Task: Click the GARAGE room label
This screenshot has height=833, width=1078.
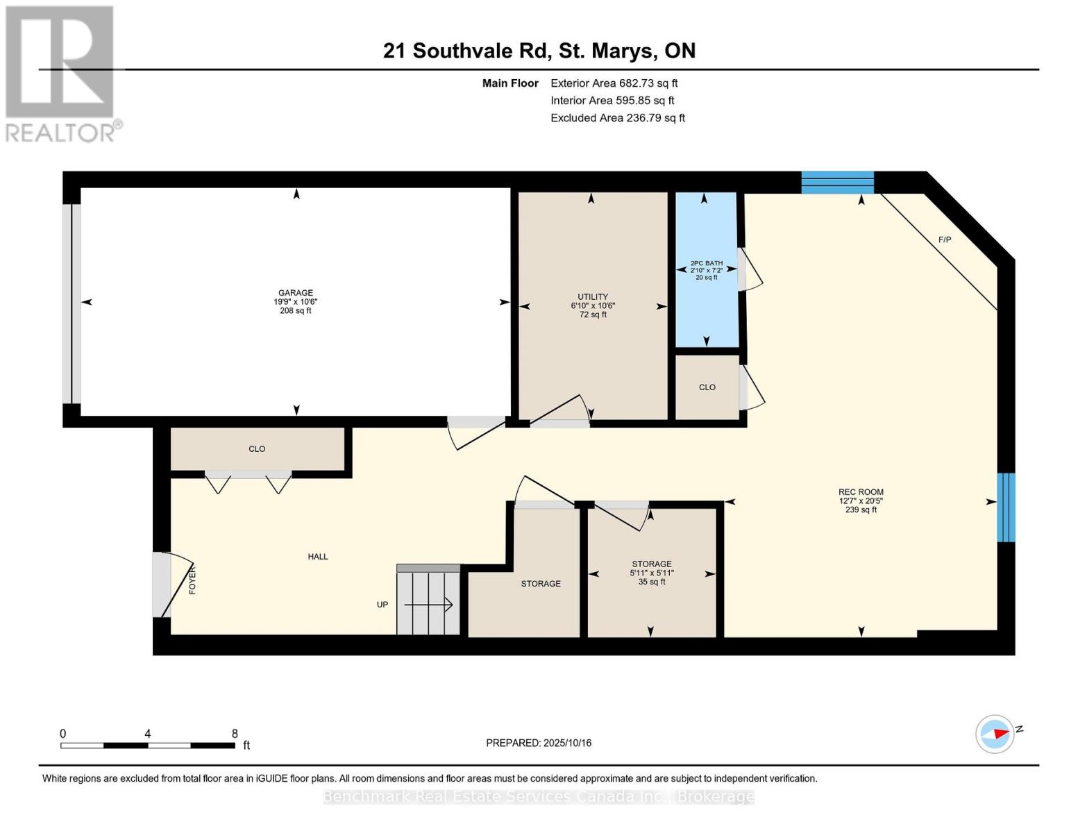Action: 296,293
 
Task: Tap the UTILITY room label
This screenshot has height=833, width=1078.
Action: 592,297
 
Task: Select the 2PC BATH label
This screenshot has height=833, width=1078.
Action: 706,264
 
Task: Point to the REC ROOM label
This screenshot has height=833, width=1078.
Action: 861,492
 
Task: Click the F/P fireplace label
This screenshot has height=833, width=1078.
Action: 944,240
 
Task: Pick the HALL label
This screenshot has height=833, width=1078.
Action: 318,557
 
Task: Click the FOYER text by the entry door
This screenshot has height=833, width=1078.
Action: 193,580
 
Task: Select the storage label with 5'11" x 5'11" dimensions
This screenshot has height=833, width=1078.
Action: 651,564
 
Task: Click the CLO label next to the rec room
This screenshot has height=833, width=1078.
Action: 707,387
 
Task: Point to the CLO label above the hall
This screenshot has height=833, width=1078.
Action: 257,449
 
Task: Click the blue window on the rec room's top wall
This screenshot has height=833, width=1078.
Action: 837,182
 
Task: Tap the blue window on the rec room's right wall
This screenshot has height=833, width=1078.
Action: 1006,507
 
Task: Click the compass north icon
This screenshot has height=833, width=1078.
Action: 995,734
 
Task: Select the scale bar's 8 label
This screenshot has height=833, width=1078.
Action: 235,734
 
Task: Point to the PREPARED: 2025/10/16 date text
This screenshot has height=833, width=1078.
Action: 539,743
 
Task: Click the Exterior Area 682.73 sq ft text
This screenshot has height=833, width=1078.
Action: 614,83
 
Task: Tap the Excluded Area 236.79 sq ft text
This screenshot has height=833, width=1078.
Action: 617,118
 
